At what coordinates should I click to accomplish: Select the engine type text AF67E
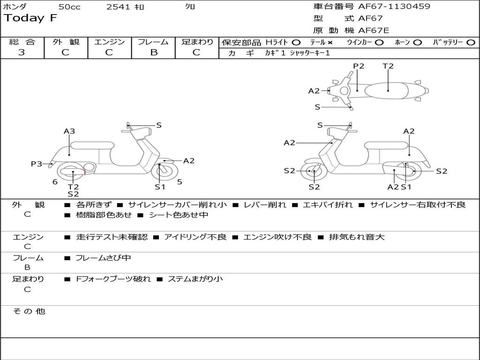[x=374, y=30]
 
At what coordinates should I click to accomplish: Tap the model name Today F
[x=30, y=18]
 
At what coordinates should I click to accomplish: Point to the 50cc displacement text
[x=69, y=7]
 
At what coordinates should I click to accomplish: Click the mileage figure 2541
[x=118, y=7]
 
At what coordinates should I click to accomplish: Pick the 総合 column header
[x=22, y=42]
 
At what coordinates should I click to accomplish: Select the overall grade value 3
[x=22, y=52]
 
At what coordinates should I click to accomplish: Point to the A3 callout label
[x=69, y=131]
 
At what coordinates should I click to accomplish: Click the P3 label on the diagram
[x=36, y=164]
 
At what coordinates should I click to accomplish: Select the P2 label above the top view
[x=359, y=66]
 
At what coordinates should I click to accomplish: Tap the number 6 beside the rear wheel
[x=55, y=182]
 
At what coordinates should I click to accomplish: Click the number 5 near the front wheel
[x=180, y=182]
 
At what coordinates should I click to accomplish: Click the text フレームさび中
[x=103, y=258]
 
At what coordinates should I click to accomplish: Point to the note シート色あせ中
[x=178, y=215]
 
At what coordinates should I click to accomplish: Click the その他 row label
[x=29, y=311]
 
